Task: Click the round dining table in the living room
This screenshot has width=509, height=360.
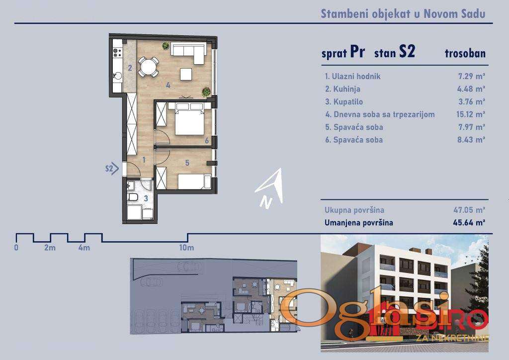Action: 148,67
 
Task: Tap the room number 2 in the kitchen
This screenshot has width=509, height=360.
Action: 130,68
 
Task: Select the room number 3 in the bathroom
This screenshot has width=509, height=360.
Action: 146,198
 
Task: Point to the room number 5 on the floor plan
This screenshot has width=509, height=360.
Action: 187,163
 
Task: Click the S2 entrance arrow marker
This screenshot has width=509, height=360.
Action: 112,169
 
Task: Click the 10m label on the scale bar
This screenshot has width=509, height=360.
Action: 186,248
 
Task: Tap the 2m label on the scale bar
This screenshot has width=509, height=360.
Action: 50,248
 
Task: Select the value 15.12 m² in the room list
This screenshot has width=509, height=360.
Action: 471,114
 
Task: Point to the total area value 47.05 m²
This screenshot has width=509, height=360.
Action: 469,210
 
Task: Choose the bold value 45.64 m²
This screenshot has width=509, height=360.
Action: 469,223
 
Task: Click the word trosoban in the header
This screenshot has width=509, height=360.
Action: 465,53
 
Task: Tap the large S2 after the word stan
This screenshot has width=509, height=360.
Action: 407,51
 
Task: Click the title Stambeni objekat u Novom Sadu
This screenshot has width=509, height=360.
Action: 403,14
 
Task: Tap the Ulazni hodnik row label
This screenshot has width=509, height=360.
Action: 352,76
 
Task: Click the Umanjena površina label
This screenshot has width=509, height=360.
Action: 359,223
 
